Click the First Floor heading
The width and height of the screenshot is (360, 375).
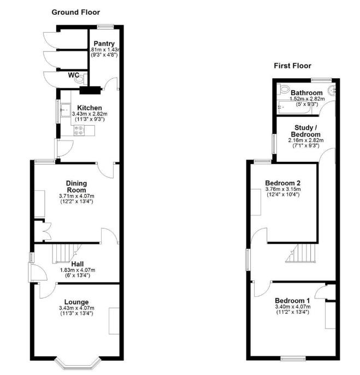[x=292, y=66]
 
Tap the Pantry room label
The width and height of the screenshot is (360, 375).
[x=103, y=44]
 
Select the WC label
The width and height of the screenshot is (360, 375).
[x=74, y=75]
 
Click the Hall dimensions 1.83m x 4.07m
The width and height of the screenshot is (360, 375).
[x=76, y=269]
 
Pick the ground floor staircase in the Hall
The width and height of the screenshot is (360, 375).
[x=66, y=253]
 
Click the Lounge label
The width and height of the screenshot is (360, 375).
[x=76, y=302]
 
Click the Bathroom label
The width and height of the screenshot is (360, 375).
[x=306, y=93]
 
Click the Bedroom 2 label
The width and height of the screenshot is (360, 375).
[x=283, y=183]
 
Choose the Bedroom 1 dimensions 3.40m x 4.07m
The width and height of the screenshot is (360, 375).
[x=292, y=306]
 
